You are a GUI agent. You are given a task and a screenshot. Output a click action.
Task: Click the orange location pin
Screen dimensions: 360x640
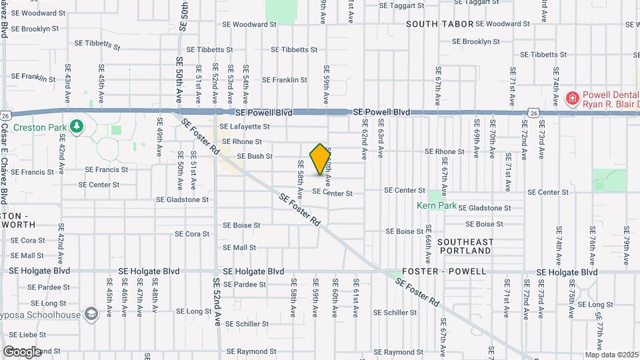(x=321, y=159)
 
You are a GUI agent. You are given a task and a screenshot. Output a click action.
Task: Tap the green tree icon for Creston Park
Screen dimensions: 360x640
(x=77, y=126)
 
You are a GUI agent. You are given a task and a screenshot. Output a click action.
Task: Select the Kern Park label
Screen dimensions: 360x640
(x=437, y=206)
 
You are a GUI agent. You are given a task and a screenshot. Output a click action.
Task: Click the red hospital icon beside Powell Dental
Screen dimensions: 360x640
(x=571, y=99)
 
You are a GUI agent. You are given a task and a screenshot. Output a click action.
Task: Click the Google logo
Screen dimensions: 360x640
(x=22, y=351)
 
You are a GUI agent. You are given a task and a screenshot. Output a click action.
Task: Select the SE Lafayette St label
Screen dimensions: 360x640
(x=244, y=127)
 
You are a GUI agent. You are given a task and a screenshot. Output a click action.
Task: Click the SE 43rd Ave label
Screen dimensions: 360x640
(x=67, y=85)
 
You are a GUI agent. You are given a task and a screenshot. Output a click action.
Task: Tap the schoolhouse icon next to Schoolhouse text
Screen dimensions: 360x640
(x=91, y=315)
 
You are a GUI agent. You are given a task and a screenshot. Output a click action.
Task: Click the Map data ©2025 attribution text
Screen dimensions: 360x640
(x=612, y=355)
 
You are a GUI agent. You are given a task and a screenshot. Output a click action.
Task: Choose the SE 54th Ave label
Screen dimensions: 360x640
(x=246, y=84)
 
